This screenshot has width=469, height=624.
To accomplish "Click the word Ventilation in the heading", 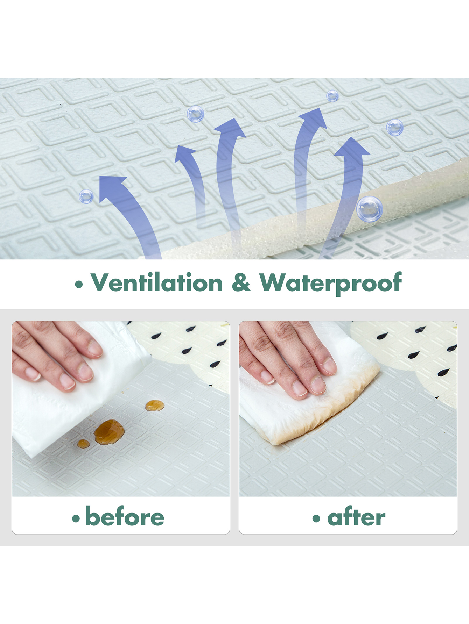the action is pos(157,282).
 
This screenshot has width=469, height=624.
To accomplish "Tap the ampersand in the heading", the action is pos(241,282).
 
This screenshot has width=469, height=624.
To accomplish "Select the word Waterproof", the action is pos(330,284).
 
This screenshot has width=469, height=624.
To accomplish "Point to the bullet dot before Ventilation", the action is pos(79,285).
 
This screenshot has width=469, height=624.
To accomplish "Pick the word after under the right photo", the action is pos(356,517).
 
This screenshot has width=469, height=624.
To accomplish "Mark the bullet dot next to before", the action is pos(76,518).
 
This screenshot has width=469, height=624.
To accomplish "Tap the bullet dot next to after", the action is pos(316,518).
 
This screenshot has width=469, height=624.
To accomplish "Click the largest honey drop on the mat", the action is pos(109,432).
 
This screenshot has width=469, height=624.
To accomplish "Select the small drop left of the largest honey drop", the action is pos(83,444).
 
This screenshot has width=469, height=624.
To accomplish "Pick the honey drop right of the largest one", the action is pos(155,405).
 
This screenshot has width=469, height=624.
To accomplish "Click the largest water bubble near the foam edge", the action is pos(370,209).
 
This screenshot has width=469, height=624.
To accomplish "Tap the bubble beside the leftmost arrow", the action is pos(86,196).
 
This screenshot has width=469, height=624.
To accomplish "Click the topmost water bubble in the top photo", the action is pos(332,96).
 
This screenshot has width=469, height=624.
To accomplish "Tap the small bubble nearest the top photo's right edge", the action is pos(395,127).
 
